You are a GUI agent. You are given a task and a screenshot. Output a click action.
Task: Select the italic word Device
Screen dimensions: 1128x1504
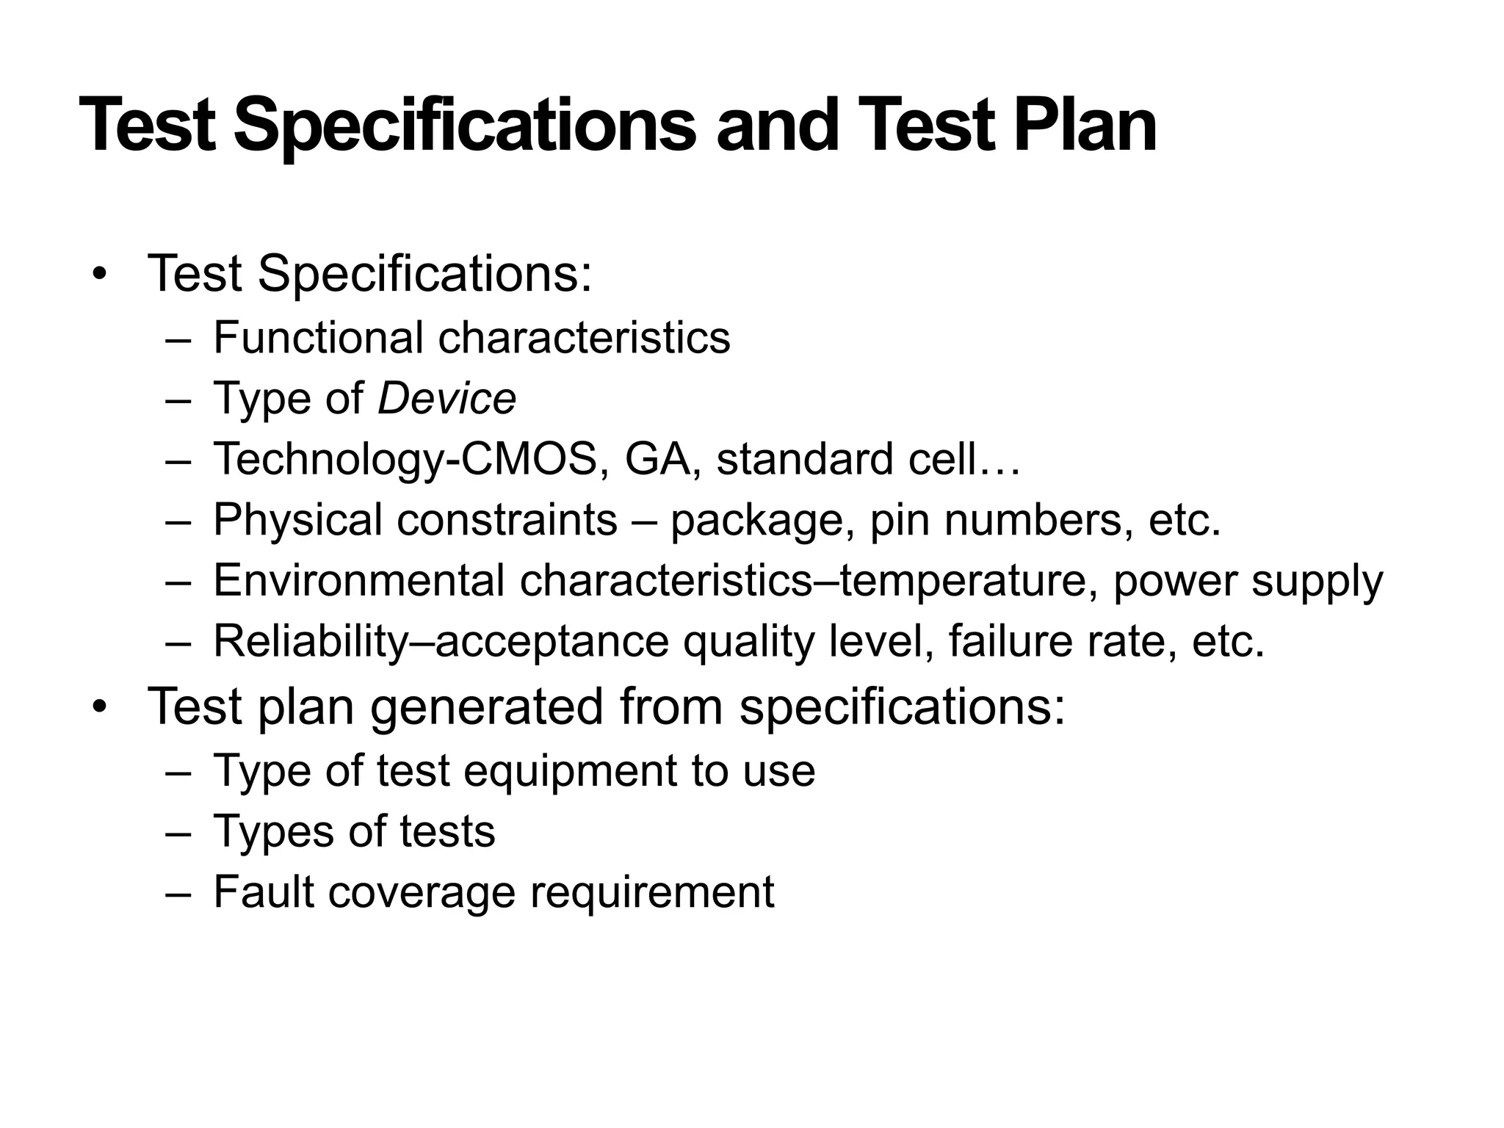click(446, 399)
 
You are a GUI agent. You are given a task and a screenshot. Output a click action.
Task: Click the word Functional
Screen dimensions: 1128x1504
click(318, 338)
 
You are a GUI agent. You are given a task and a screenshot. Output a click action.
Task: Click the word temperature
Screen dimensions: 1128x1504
click(963, 580)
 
